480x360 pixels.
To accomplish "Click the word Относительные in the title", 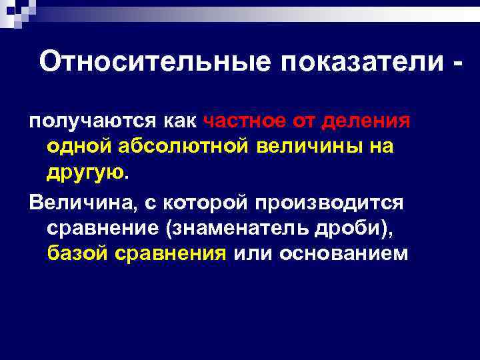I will coord(155,62).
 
